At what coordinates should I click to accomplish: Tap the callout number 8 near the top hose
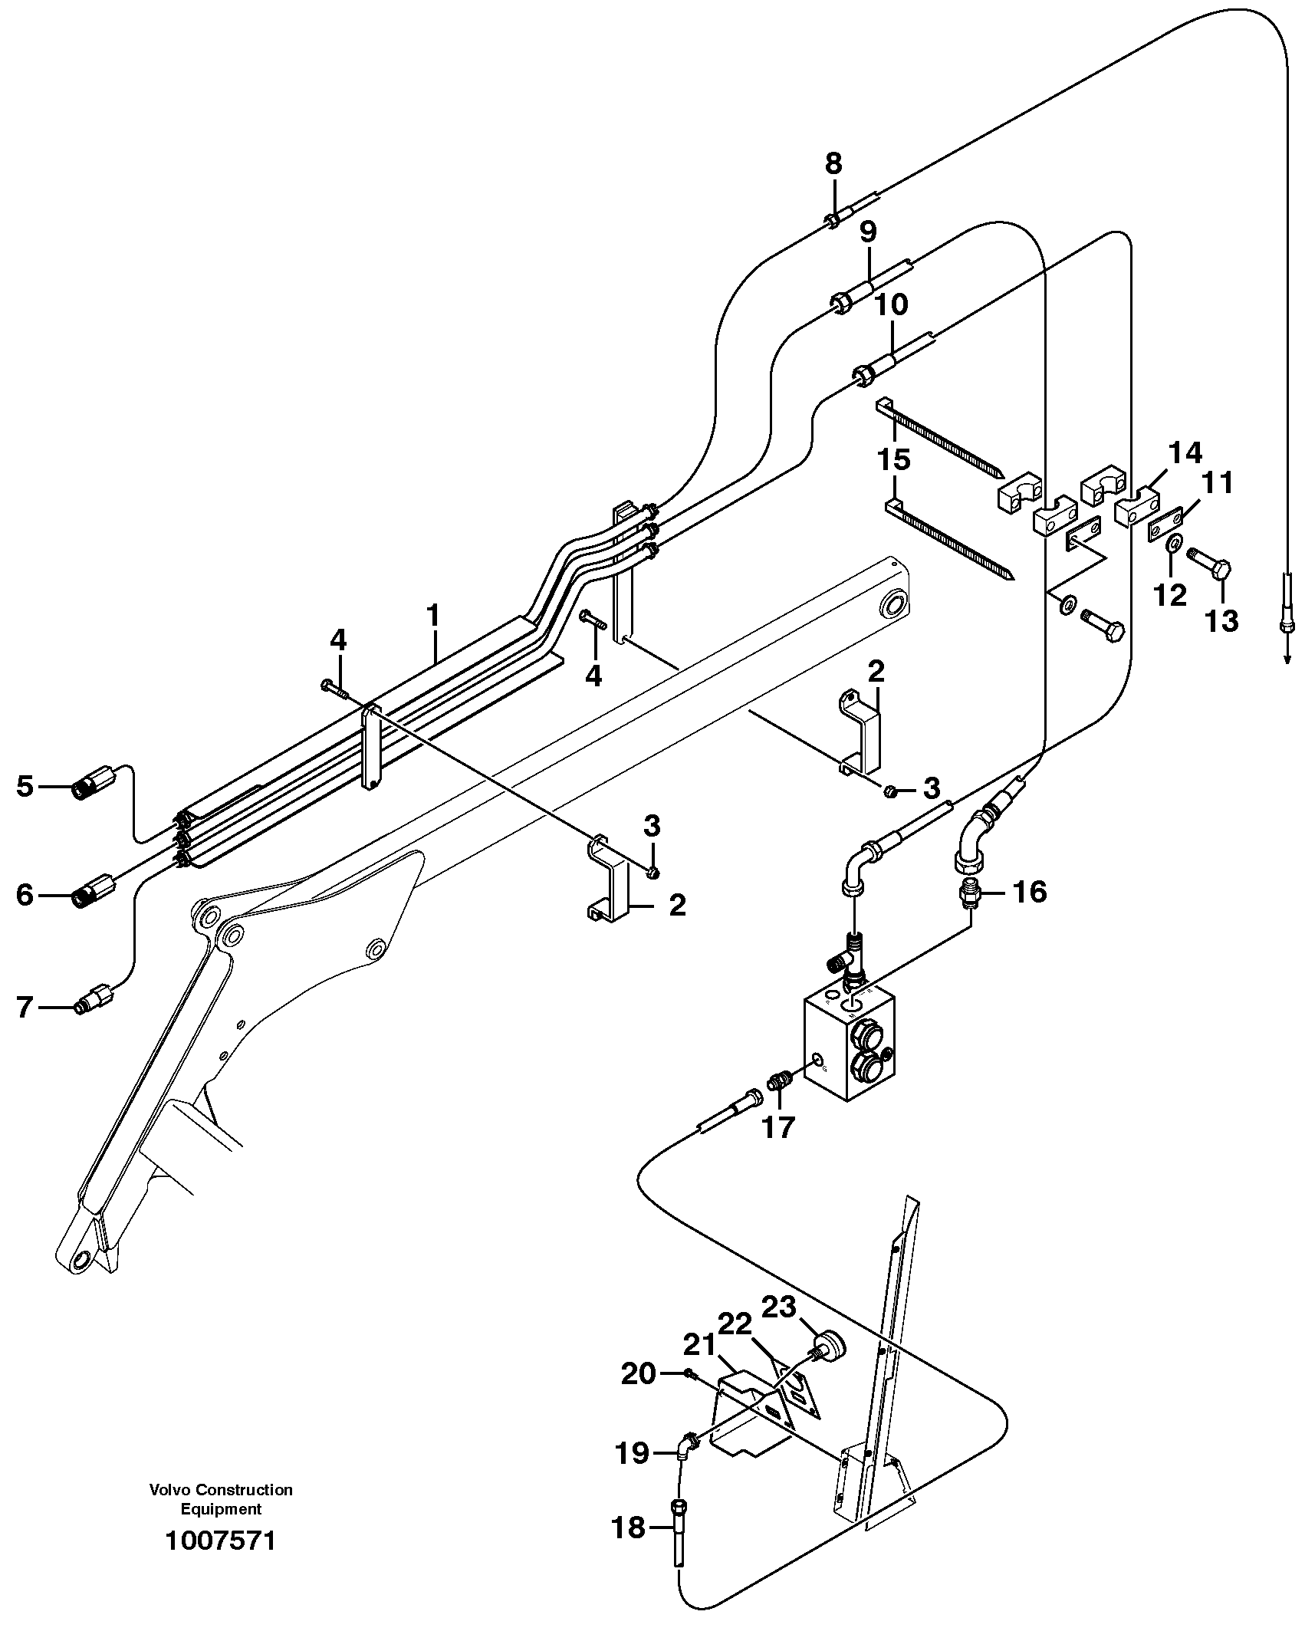pos(833,163)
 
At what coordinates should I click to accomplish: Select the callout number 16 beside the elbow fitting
pos(1029,892)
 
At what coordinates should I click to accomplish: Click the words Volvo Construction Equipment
pos(221,1499)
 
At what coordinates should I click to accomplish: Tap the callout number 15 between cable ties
pos(894,460)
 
